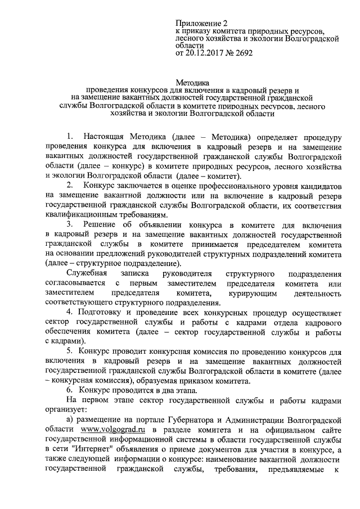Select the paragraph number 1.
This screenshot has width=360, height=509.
69,137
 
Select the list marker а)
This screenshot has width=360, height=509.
70,420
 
